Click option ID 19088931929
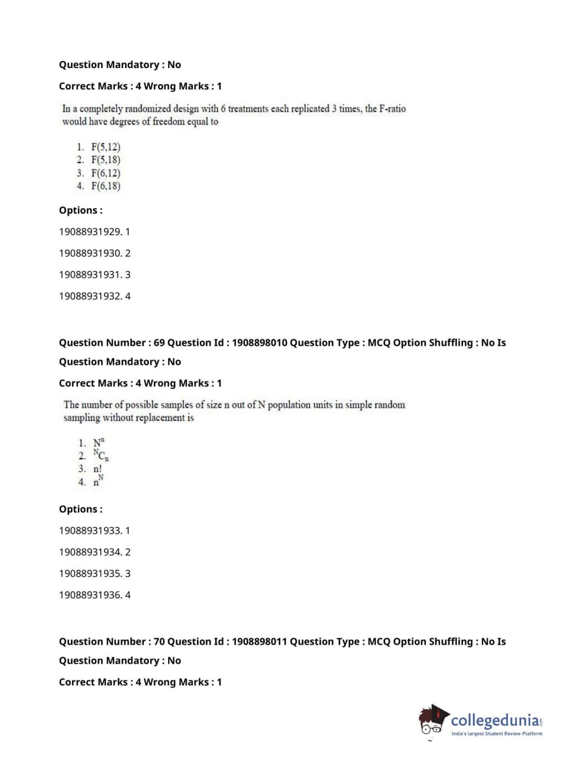tap(94, 232)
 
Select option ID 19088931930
tap(94, 253)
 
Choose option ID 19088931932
tap(94, 296)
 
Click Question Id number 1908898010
tap(259, 343)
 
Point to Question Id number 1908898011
tap(259, 641)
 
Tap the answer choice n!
tap(98, 469)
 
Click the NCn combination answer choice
tap(101, 455)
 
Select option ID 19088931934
tap(94, 552)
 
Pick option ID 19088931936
tap(94, 595)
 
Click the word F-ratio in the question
tap(392, 109)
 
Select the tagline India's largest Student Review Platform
tap(497, 734)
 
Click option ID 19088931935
tap(94, 573)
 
